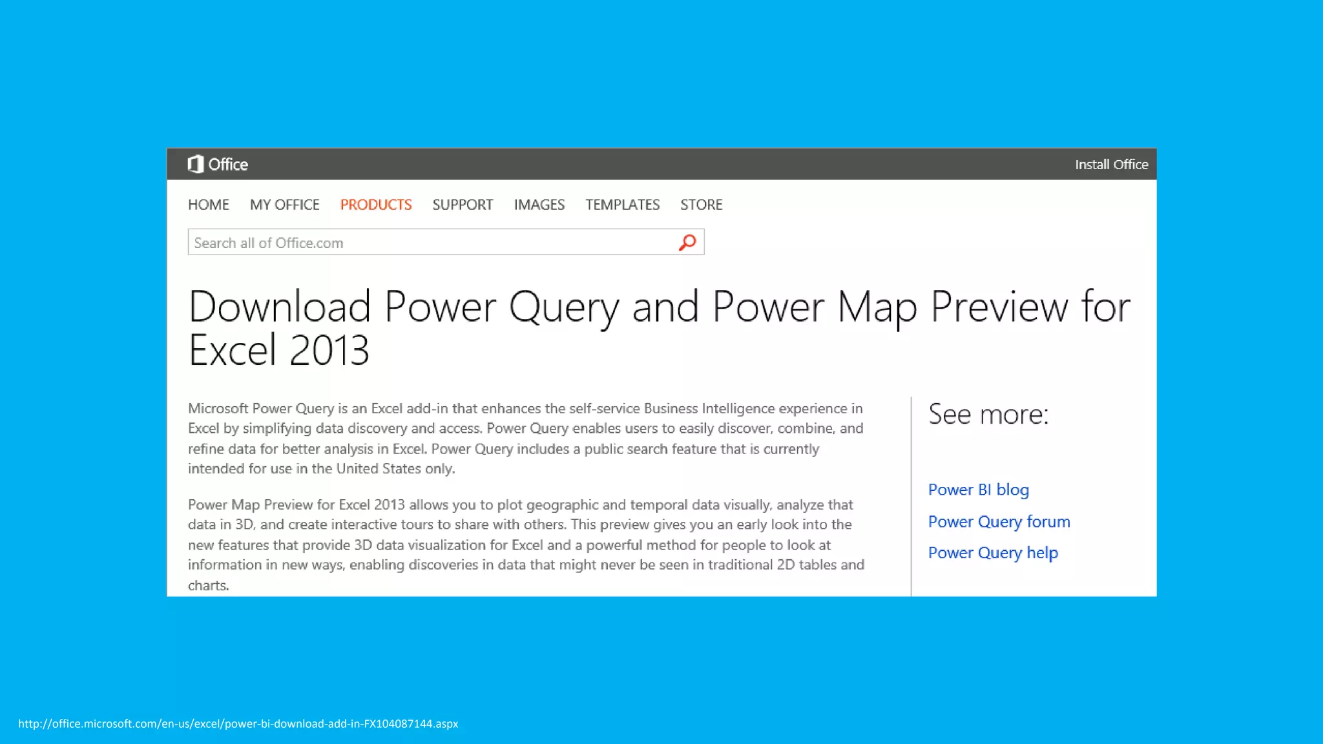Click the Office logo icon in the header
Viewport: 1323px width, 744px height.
coord(195,164)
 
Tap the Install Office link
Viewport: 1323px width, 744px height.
coord(1111,165)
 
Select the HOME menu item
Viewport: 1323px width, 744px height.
coord(209,205)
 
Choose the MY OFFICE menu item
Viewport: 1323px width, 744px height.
coord(284,205)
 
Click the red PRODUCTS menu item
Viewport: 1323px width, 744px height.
coord(376,205)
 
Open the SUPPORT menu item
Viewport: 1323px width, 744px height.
coord(463,205)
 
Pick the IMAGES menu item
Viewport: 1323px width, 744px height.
coord(539,205)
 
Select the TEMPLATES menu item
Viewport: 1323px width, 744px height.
coord(622,205)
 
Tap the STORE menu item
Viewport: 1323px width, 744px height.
coord(701,205)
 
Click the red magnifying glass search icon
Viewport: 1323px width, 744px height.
coord(687,242)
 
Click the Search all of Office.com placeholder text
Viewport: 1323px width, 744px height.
coord(269,243)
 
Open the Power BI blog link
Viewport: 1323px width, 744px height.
coord(978,490)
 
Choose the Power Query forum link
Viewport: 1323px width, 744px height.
coord(999,521)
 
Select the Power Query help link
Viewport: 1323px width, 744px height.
coord(993,553)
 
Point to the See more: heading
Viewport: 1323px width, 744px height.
coord(988,414)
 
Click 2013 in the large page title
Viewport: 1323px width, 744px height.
coord(329,350)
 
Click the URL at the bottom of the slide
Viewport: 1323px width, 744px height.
coord(238,723)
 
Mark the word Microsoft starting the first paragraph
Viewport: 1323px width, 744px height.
coord(218,408)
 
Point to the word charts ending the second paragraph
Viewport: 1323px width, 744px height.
coord(207,585)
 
